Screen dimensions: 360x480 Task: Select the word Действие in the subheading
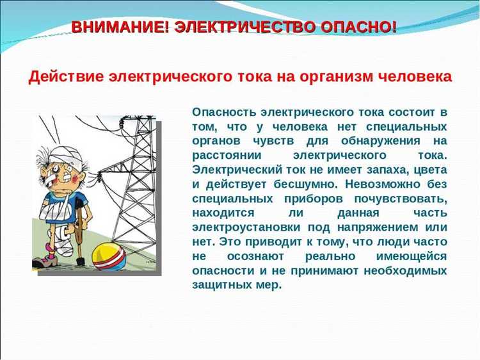click(x=67, y=77)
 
